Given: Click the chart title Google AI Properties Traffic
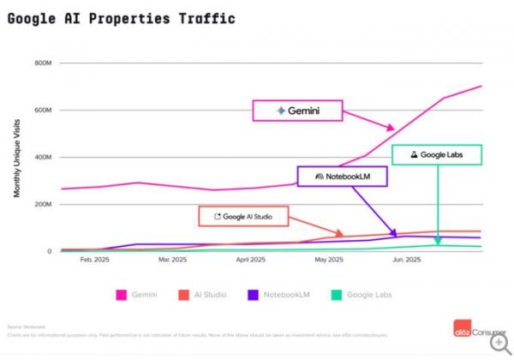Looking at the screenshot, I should [x=120, y=18].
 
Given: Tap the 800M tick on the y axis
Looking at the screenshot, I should [x=43, y=63].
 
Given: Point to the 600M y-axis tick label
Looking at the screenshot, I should [x=43, y=111].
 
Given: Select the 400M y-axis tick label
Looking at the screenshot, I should [x=43, y=158].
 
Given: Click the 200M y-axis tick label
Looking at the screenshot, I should [x=43, y=205].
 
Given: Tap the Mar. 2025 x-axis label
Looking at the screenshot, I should [x=172, y=258].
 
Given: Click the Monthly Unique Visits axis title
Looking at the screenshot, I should [x=17, y=158].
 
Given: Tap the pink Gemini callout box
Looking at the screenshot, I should [x=297, y=111].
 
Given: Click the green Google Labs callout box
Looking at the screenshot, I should [x=437, y=154].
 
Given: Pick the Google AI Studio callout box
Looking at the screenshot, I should [x=242, y=217].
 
